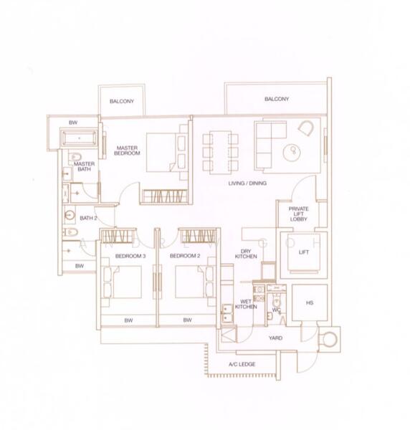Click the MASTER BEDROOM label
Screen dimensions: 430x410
click(126, 151)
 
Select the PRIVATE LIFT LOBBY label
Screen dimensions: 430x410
click(298, 214)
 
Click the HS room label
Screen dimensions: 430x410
click(310, 304)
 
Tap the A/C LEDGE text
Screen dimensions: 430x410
click(242, 365)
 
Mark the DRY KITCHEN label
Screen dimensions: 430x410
click(248, 254)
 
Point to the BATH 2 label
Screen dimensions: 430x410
click(87, 218)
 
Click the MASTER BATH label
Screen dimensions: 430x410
click(85, 167)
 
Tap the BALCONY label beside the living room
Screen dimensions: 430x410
click(276, 99)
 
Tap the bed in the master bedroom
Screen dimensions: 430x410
click(166, 152)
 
